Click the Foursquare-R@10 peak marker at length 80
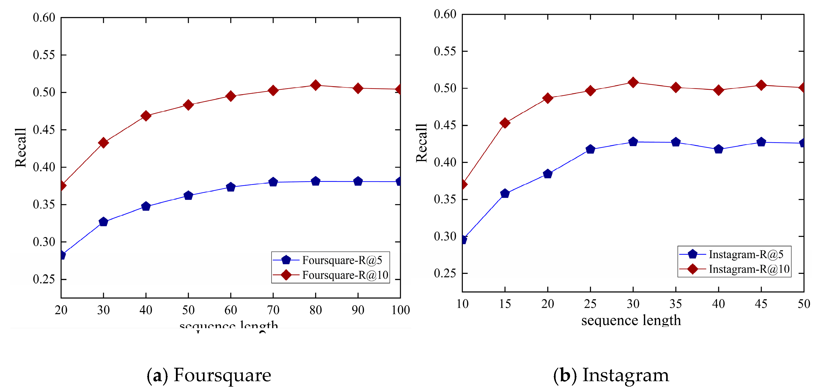click(315, 85)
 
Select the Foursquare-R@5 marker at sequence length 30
click(103, 222)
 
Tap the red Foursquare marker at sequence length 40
click(146, 116)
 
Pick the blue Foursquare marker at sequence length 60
click(231, 187)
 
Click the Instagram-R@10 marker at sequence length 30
click(633, 82)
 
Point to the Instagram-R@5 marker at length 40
click(718, 149)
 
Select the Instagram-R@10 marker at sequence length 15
click(505, 123)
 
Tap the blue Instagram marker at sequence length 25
click(590, 149)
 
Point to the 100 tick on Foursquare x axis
click(400, 310)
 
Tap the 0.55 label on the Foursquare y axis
click(44, 55)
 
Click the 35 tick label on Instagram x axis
click(675, 304)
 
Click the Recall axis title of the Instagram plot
click(421, 143)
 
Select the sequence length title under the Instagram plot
click(631, 320)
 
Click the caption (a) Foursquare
click(209, 375)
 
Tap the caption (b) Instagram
click(611, 375)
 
